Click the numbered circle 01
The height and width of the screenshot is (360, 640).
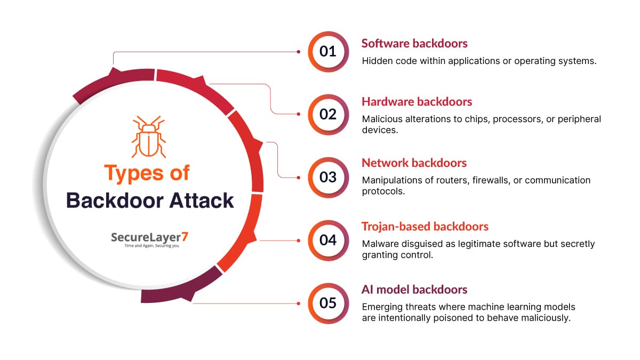(x=328, y=52)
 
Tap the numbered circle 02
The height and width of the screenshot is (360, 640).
(x=328, y=114)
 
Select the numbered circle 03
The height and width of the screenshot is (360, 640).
(x=328, y=177)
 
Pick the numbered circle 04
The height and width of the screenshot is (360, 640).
(x=328, y=240)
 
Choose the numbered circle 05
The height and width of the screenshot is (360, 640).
(x=328, y=303)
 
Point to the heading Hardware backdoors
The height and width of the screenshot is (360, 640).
(x=417, y=101)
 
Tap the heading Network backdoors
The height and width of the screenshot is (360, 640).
(x=414, y=163)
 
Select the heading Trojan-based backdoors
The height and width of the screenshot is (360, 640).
(x=425, y=226)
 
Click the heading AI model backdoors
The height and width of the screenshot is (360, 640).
(x=414, y=290)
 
